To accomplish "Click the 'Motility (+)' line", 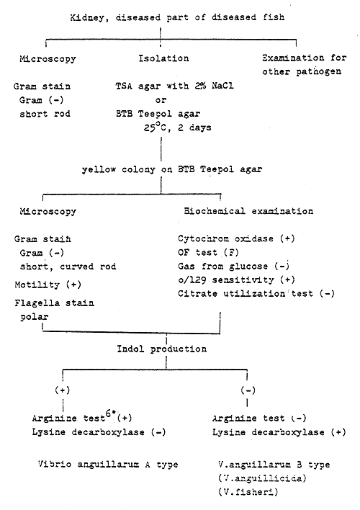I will pyautogui.click(x=46, y=285).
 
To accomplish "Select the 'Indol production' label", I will pyautogui.click(x=162, y=349).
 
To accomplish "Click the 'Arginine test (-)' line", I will pyautogui.click(x=254, y=418).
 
